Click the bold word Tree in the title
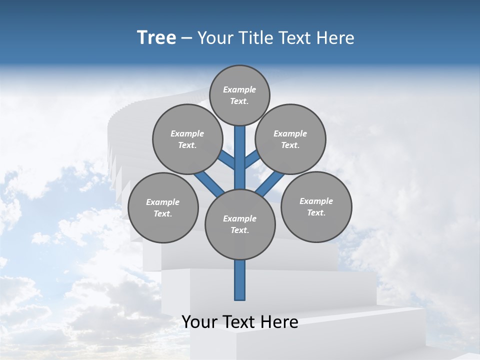(156, 38)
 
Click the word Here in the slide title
(337, 38)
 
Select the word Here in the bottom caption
(280, 322)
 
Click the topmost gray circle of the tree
(239, 95)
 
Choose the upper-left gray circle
(187, 139)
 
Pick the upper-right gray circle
(290, 139)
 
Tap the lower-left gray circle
(162, 207)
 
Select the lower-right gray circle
(316, 206)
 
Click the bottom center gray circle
(240, 224)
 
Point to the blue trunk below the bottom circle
(240, 280)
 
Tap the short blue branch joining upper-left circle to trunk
(226, 160)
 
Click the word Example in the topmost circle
(239, 89)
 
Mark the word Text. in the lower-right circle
(316, 212)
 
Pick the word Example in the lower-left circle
(162, 202)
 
